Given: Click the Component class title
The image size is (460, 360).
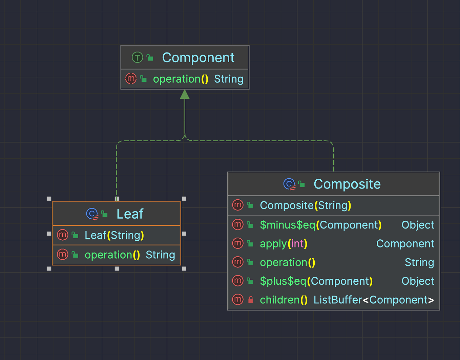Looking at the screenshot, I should (x=198, y=58).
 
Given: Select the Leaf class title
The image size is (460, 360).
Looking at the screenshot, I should (x=130, y=214).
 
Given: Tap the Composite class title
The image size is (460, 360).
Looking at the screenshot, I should (x=347, y=184).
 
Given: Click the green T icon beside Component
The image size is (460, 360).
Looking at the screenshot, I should (x=137, y=57).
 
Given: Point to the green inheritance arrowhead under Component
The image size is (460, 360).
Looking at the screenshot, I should (x=185, y=95).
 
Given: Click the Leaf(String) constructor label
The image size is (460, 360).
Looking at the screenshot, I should (x=114, y=235).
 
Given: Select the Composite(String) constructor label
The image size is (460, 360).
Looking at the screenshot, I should (x=305, y=205).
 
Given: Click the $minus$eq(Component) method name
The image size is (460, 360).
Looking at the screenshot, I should (x=320, y=225).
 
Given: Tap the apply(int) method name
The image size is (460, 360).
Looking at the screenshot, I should (x=283, y=244).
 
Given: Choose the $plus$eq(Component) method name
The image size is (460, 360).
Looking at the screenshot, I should (x=316, y=281).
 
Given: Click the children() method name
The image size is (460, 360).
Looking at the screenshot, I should (x=284, y=300).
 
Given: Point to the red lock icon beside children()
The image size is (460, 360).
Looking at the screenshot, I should (x=251, y=300).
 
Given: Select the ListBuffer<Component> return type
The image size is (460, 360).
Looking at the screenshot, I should (x=374, y=300).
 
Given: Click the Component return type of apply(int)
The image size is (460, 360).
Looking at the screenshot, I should (x=405, y=244).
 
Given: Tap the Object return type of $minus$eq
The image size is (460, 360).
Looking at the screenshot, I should (x=418, y=225).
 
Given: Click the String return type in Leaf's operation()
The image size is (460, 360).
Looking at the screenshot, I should (x=160, y=255).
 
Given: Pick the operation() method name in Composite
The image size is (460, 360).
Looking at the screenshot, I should (x=287, y=262).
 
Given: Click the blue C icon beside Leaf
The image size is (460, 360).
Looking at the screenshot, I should (x=92, y=214).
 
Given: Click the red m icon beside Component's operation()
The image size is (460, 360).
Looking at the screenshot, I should (x=131, y=79).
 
